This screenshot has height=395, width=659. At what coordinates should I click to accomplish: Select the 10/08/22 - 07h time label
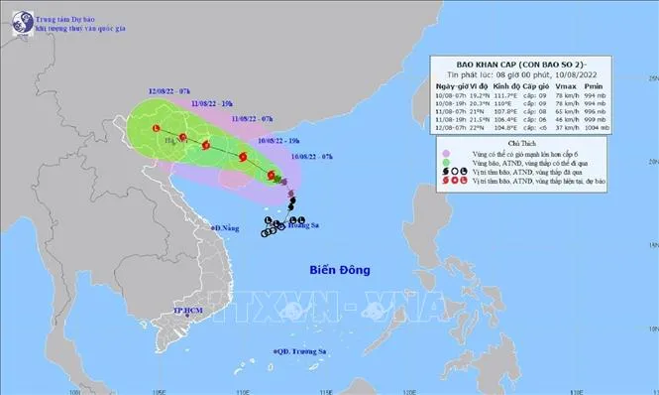pos(315,157)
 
